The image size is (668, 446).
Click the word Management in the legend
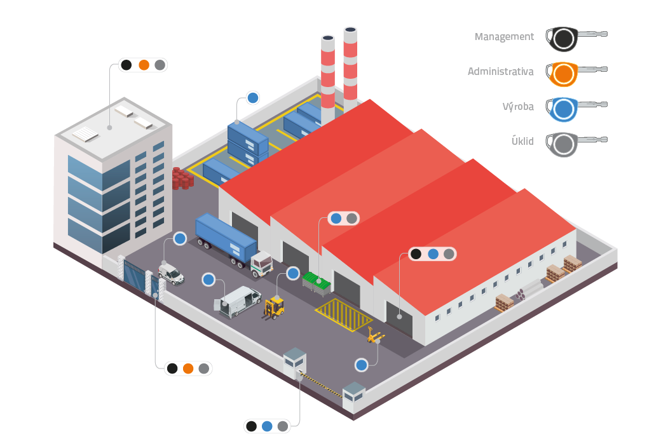coord(504,37)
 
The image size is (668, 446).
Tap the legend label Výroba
coord(518,106)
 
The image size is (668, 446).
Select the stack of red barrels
coord(183,179)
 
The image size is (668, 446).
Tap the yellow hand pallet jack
coord(375,335)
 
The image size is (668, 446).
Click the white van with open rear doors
coord(238,302)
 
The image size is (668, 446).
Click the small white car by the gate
coord(171,274)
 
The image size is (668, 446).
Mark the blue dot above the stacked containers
coord(252,98)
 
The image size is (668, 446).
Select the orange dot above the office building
coord(144,65)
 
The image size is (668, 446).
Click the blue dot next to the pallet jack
coord(361,365)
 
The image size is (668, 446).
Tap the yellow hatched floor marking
coord(343,314)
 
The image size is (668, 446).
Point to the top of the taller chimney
coord(350,30)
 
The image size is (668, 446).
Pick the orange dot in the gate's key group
coord(188,368)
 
